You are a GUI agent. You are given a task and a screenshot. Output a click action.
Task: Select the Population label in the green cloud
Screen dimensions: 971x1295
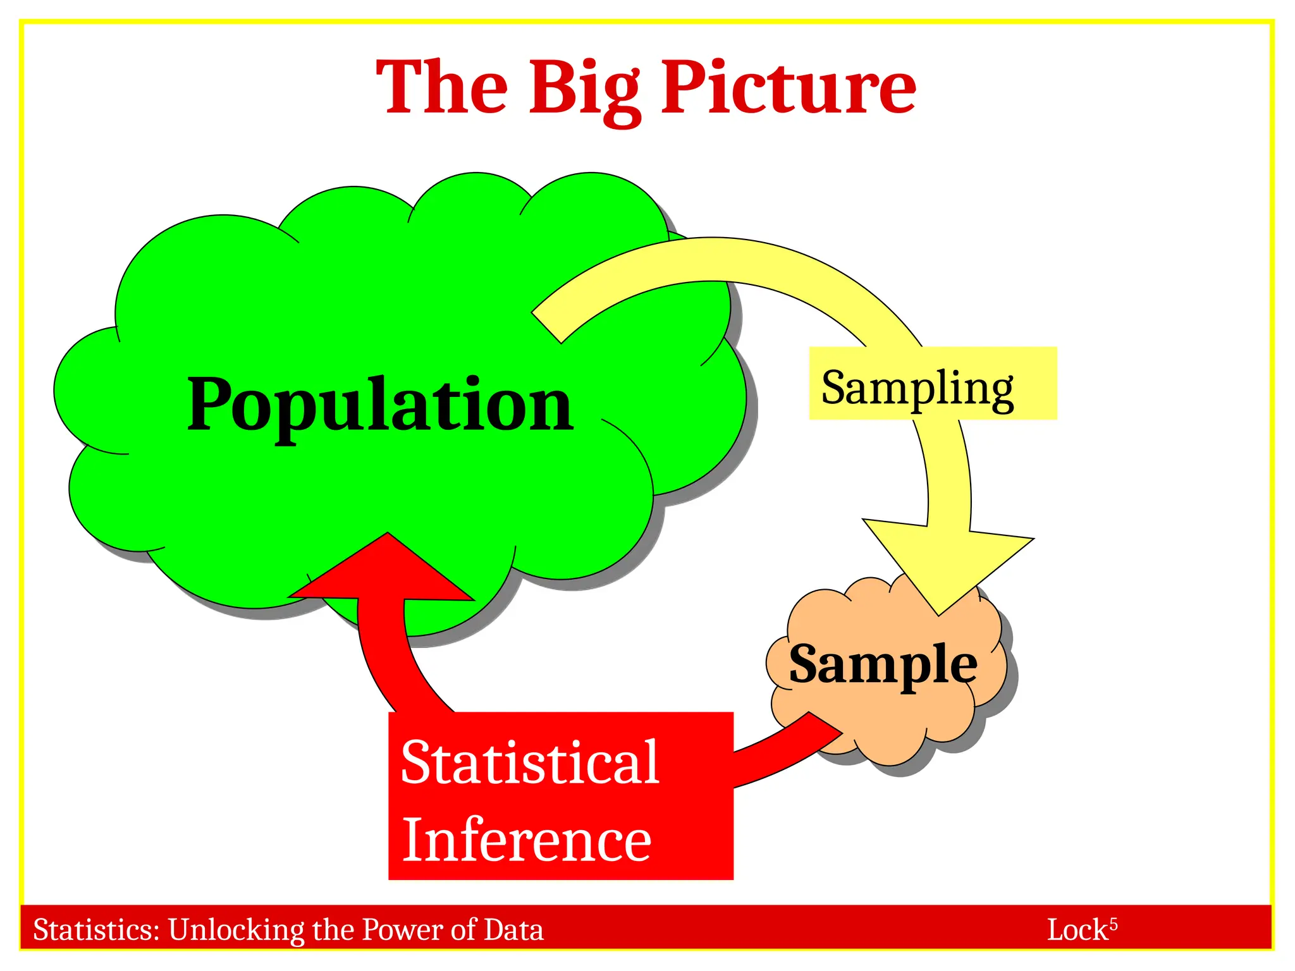380,405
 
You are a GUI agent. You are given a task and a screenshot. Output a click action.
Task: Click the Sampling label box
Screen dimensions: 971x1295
932,383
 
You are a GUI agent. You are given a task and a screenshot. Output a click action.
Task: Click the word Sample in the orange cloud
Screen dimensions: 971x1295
883,665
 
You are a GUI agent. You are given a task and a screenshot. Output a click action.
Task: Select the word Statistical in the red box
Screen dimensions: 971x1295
530,762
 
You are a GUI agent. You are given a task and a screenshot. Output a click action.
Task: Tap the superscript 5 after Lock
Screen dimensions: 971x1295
1114,924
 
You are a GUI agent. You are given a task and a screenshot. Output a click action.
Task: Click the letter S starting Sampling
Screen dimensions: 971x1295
835,386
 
